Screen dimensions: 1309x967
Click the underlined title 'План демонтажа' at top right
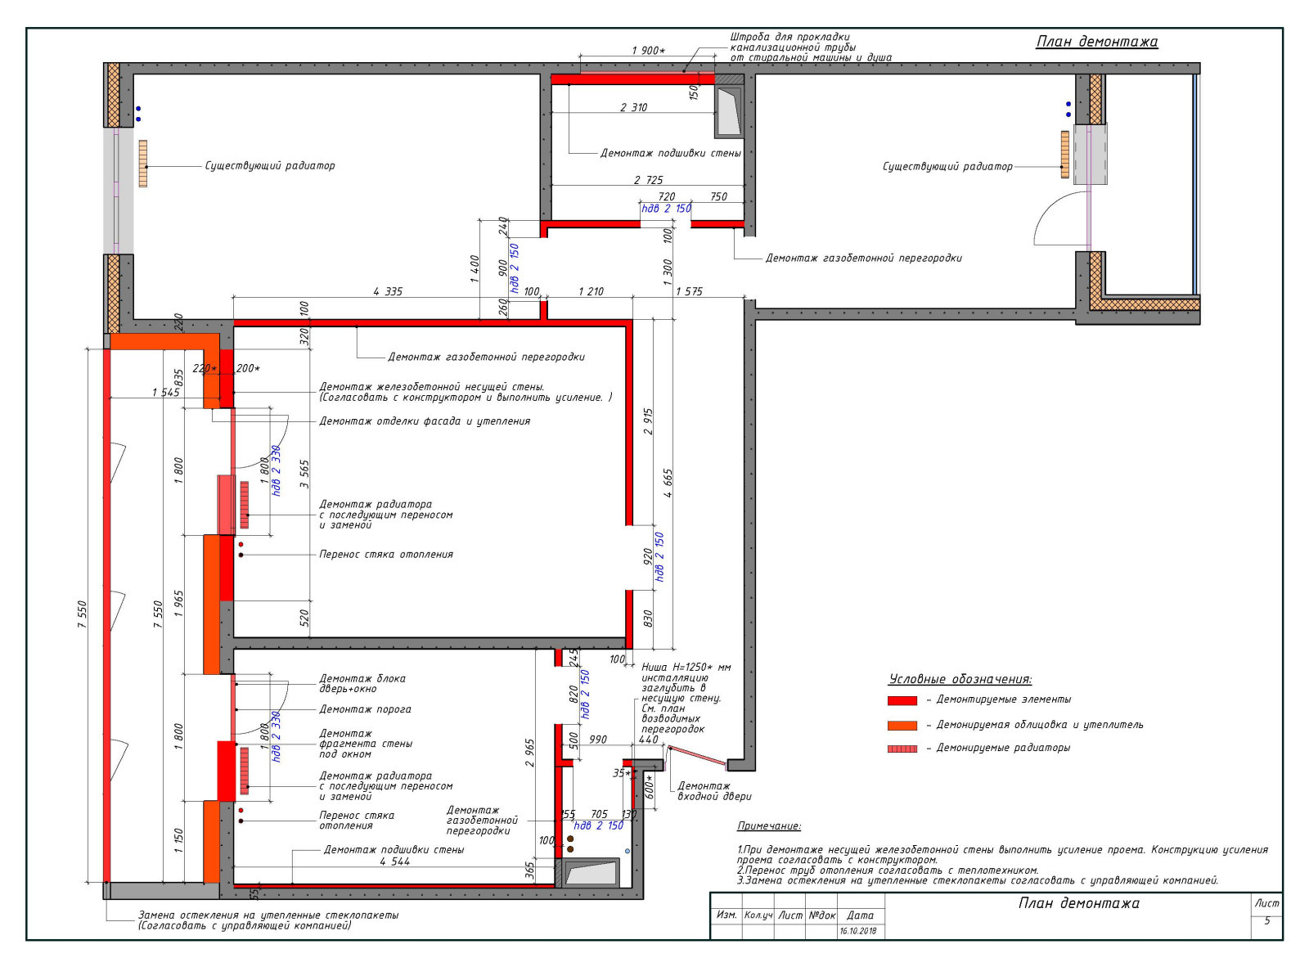coord(1096,42)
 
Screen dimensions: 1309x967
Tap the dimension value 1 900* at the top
coord(648,50)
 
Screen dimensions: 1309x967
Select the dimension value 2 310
coord(634,107)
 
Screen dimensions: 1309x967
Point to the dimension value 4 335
coord(388,291)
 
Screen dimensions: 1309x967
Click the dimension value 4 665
coord(668,483)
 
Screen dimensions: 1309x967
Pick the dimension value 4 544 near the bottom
coord(395,861)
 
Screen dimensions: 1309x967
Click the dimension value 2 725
coord(648,179)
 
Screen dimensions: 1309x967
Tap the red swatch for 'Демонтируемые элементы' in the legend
coord(902,700)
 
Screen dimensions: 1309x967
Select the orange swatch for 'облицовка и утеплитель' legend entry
coord(902,725)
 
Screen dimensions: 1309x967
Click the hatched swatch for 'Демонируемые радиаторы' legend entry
coord(902,749)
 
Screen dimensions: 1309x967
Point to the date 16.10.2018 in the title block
coord(859,931)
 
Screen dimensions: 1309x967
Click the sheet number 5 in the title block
coord(1266,920)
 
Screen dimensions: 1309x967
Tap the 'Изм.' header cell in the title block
coord(726,915)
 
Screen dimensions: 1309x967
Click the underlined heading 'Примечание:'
coord(769,826)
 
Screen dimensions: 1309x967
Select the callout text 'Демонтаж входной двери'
coord(714,791)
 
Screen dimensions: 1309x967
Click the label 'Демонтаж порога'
coord(365,709)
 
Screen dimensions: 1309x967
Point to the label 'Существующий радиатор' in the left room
coord(270,166)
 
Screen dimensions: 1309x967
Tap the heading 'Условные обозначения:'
coord(960,679)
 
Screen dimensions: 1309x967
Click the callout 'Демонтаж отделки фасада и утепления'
coord(425,421)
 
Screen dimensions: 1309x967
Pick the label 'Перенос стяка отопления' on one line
coord(386,555)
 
